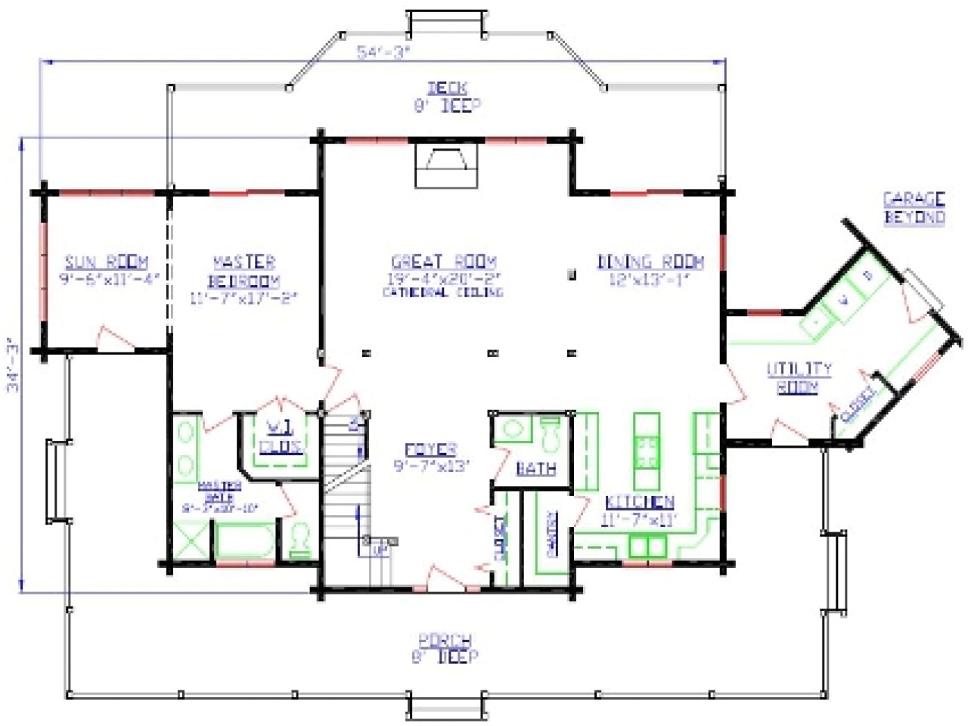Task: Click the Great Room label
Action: (444, 262)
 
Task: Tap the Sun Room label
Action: (106, 262)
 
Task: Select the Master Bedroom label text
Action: (244, 271)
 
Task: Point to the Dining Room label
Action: (650, 262)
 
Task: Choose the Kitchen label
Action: (639, 502)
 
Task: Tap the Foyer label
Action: (430, 450)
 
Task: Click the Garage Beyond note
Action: (914, 208)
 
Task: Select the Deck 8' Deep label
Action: (447, 97)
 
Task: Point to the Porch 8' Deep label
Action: (445, 648)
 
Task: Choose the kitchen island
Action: (646, 450)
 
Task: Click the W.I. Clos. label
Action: (281, 436)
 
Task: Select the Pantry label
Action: (551, 534)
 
